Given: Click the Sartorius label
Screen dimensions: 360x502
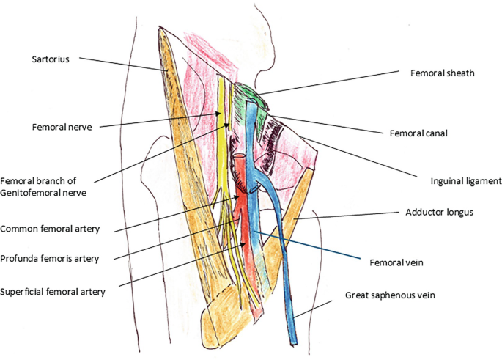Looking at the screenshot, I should (51, 59).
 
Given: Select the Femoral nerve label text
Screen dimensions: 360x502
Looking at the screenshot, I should (61, 126).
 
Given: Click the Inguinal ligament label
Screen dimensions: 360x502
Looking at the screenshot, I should (464, 180).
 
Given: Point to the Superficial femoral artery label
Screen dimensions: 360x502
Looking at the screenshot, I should (53, 291).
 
